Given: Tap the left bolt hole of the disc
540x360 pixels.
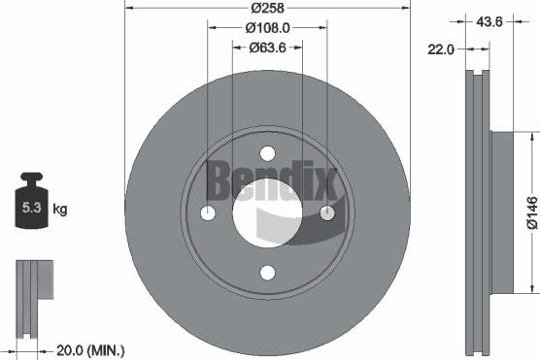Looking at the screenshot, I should click(x=207, y=213).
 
